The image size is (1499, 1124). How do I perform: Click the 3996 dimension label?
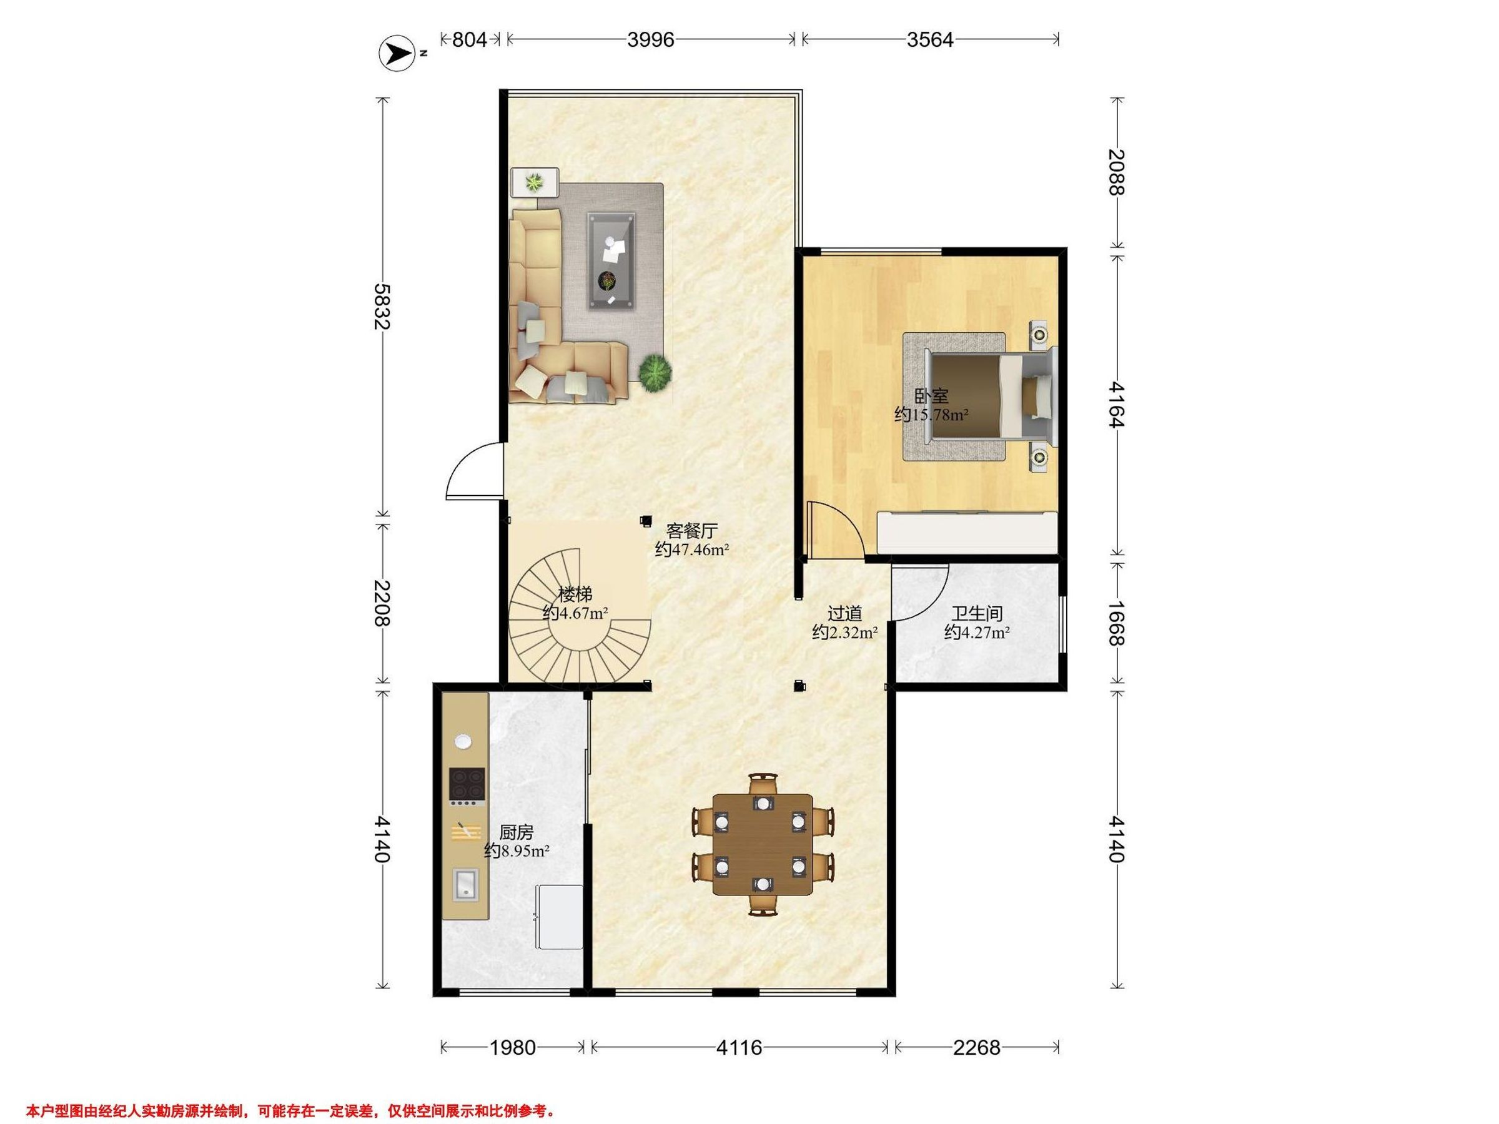[651, 40]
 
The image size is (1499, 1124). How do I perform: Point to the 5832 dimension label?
[383, 306]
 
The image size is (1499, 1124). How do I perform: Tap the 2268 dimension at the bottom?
[976, 1048]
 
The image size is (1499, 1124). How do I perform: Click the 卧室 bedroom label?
[931, 397]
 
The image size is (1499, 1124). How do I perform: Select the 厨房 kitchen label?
[517, 832]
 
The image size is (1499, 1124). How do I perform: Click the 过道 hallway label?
[845, 614]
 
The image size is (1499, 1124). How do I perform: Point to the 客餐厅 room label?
[692, 531]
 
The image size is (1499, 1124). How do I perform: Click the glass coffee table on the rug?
[611, 261]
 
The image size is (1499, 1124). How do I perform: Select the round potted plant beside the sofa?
[655, 372]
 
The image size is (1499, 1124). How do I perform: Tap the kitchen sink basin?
[465, 885]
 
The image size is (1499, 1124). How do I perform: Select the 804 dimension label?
[470, 40]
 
